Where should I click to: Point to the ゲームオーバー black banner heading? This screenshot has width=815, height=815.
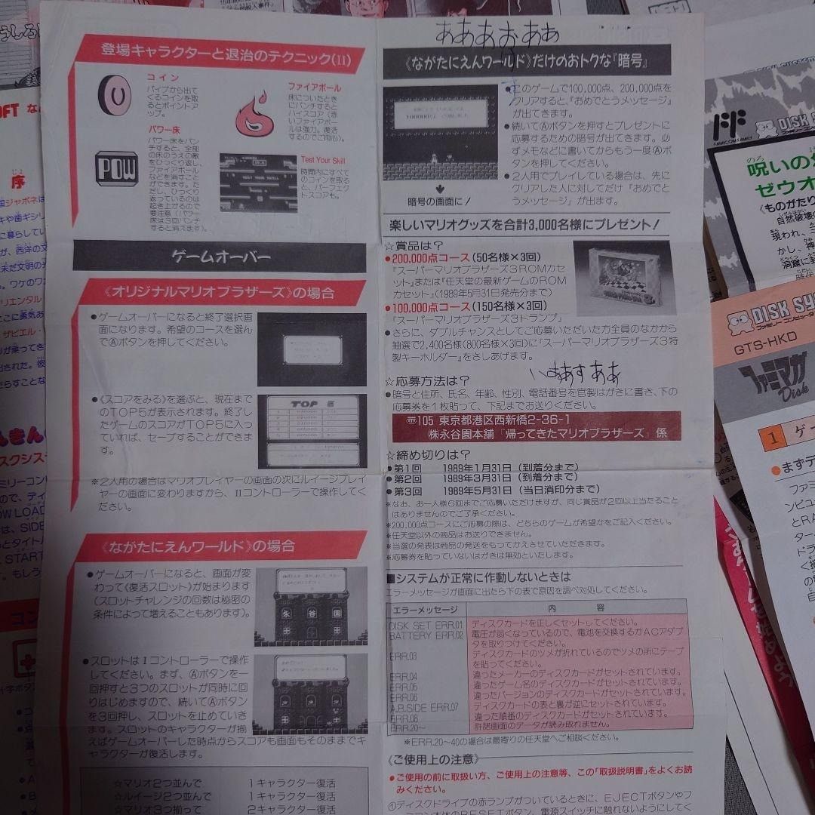(x=221, y=257)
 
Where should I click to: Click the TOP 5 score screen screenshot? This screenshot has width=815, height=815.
(x=311, y=430)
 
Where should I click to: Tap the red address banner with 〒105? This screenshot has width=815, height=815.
(x=536, y=426)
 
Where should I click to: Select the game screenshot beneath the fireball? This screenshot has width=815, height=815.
(x=258, y=183)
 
